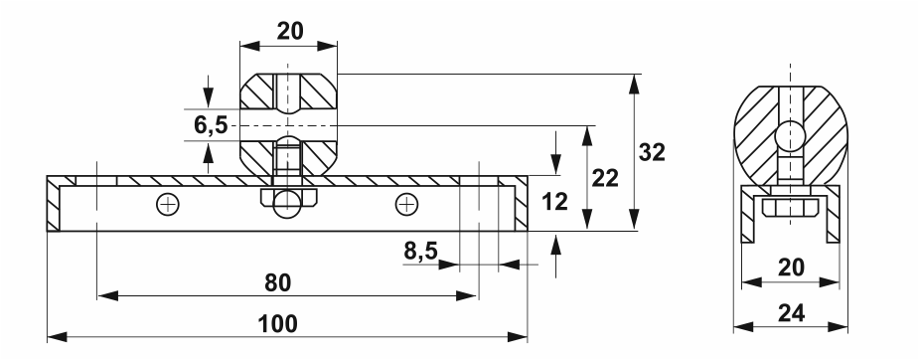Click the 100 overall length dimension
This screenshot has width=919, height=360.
[x=277, y=323]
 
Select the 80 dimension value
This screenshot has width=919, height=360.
[x=277, y=282]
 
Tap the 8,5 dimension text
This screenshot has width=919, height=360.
[x=420, y=251]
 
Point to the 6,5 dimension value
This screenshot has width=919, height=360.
[x=211, y=125]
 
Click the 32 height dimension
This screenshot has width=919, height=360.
[x=652, y=152]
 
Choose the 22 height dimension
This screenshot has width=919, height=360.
[x=605, y=178]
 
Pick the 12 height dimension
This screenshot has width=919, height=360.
[x=554, y=202]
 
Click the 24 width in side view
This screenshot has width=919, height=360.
[x=791, y=313]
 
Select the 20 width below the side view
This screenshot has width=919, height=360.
[x=791, y=268]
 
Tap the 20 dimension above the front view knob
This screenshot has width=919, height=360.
[x=289, y=31]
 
